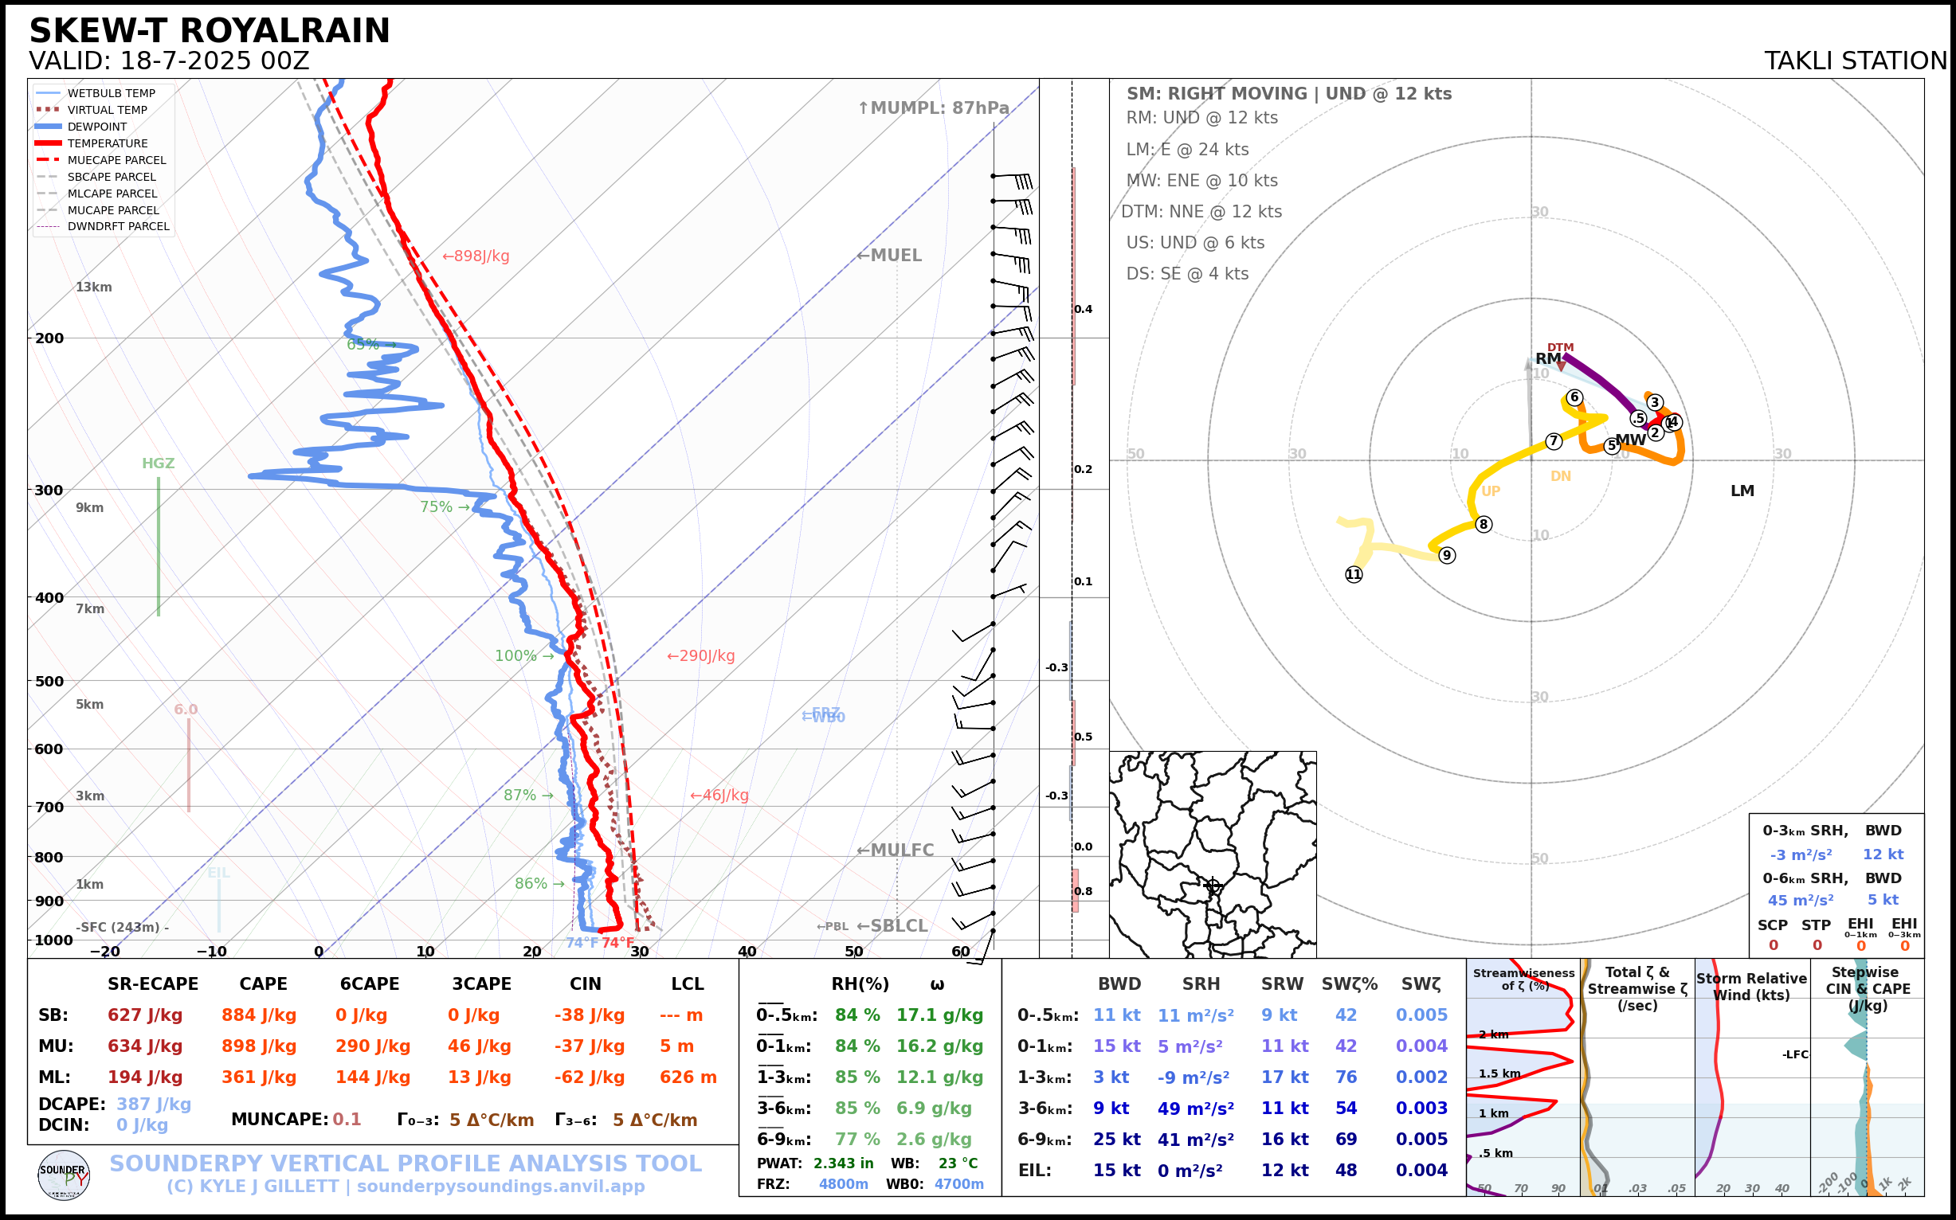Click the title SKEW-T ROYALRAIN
coord(209,31)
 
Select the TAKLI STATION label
coord(1855,61)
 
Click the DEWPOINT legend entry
coord(96,127)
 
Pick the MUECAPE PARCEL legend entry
coord(116,160)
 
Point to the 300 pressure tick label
coord(49,491)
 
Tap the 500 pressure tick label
coord(49,681)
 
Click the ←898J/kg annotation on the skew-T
coord(476,256)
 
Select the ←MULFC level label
coord(895,850)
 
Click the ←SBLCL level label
coord(892,926)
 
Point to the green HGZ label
coord(159,464)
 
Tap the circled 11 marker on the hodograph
coord(1354,574)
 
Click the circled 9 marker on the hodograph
coord(1448,555)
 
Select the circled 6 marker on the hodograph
coord(1574,397)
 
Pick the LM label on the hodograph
coord(1742,491)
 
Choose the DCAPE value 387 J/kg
coord(154,1104)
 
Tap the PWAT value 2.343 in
coord(843,1163)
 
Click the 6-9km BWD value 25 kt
coord(1116,1140)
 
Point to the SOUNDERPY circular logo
coord(64,1175)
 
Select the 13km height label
coord(94,287)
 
